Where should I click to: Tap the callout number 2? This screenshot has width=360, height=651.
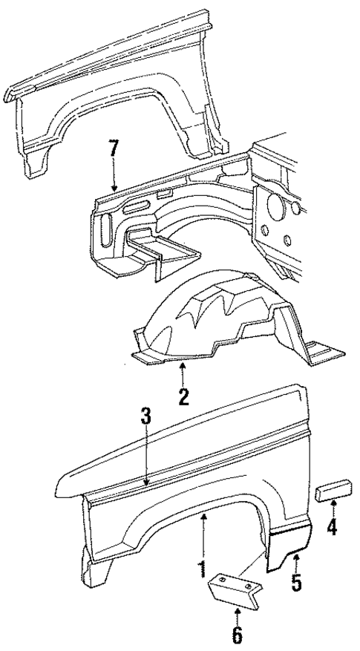[x=183, y=396]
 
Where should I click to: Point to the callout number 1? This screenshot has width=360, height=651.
[x=201, y=569]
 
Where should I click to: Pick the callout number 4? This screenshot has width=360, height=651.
[x=333, y=530]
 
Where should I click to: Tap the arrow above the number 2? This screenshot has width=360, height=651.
[x=182, y=372]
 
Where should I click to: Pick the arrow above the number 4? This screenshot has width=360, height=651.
[x=333, y=510]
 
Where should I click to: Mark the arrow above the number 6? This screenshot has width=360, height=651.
[x=238, y=614]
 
